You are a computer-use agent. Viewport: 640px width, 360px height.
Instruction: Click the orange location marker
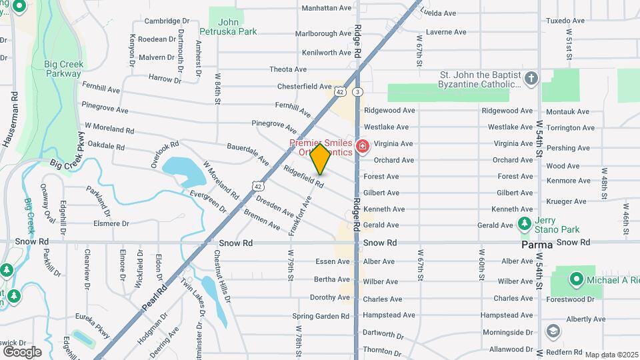tap(321, 159)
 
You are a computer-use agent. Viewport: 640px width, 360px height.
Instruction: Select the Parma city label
tap(537, 245)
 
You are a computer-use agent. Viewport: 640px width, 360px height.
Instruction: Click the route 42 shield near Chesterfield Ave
tap(340, 91)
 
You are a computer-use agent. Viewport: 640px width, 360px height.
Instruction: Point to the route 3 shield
tap(358, 91)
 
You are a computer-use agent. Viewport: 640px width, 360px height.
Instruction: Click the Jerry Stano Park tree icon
tap(525, 223)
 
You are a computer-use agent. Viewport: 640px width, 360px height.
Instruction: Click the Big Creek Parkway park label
tap(62, 69)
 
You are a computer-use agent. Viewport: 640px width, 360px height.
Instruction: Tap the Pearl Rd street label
tap(154, 301)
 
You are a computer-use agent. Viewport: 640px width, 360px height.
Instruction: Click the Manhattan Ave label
tap(326, 8)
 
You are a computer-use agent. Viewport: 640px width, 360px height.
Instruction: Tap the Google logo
tap(22, 351)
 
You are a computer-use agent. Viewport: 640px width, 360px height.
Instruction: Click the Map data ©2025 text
tap(609, 355)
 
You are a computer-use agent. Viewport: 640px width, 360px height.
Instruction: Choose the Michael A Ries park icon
tap(576, 279)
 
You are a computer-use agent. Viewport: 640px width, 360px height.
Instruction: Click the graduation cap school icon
tap(553, 331)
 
